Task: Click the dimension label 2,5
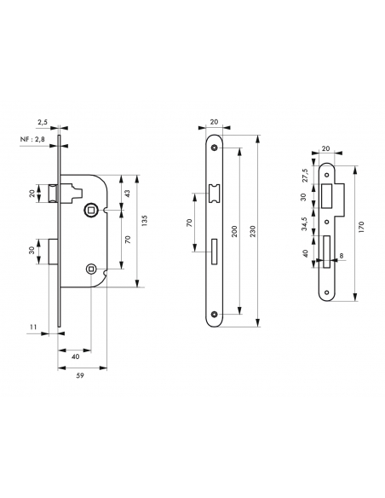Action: pyautogui.click(x=43, y=122)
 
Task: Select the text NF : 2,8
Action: pyautogui.click(x=32, y=139)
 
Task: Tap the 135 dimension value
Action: pyautogui.click(x=145, y=221)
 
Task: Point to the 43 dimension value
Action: pyautogui.click(x=128, y=194)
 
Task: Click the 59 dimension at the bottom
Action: pyautogui.click(x=80, y=375)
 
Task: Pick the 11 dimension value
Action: pyautogui.click(x=33, y=327)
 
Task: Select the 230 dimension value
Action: pyautogui.click(x=252, y=232)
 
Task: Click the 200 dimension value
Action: pyautogui.click(x=234, y=232)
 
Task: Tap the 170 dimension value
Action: pyautogui.click(x=361, y=228)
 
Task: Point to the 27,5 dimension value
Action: pyautogui.click(x=305, y=175)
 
